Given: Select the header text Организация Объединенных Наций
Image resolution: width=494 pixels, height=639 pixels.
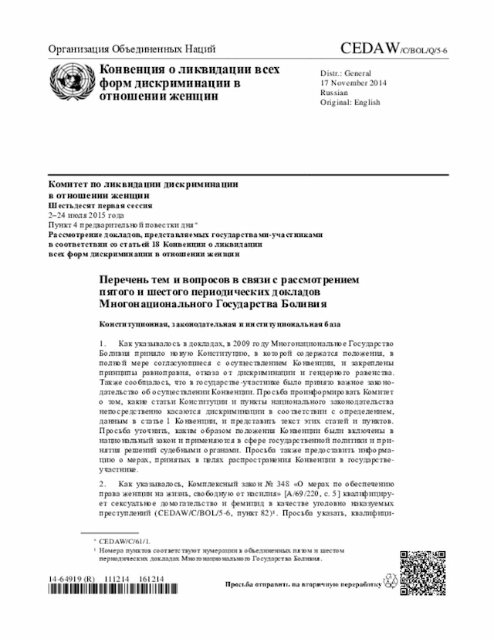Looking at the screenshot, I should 131,49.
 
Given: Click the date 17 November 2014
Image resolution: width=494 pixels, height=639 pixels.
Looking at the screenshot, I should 354,83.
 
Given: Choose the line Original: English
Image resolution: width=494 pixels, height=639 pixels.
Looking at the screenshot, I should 350,102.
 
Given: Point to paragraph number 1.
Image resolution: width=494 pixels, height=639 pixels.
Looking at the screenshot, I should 103,342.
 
